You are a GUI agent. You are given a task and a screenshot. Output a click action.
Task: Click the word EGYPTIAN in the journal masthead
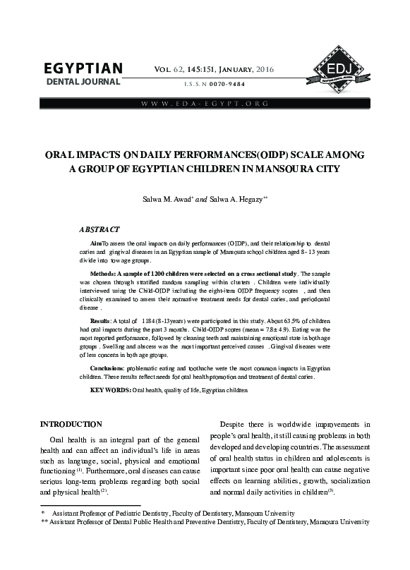tap(83, 69)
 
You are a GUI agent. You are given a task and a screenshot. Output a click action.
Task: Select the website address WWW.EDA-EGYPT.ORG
tap(205, 104)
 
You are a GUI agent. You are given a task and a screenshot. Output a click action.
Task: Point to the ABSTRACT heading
tap(100, 229)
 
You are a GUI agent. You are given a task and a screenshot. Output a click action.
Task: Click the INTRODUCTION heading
tap(76, 424)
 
